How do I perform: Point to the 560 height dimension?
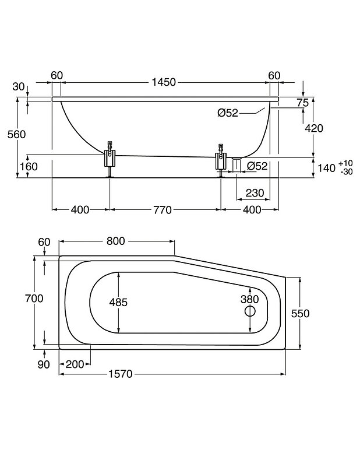coord(17,134)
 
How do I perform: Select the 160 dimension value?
coord(29,167)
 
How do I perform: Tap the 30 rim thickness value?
coord(18,87)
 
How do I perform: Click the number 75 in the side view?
coord(302,103)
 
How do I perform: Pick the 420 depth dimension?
coord(313,129)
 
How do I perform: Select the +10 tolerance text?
coord(345,163)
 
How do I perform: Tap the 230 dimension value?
coord(255,193)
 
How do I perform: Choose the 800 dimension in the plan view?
coord(116,241)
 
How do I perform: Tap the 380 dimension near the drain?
coord(249,300)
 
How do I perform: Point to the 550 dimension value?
coord(300,313)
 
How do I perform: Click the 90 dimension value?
coord(44,364)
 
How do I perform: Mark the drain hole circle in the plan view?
coord(250,312)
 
